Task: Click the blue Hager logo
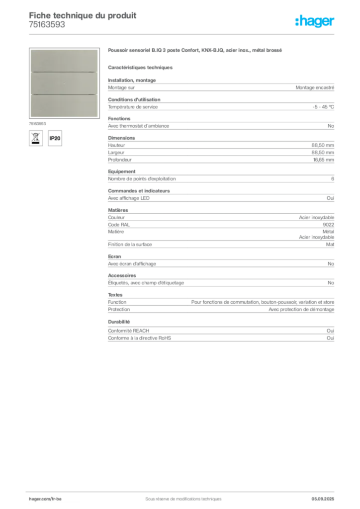315,22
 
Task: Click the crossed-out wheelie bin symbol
35,138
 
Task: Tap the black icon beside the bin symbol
56,138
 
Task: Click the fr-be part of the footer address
56,498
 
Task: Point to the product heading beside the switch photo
196,51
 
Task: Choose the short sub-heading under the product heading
141,67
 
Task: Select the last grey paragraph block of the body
220,332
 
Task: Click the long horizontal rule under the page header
199,34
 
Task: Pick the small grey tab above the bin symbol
38,123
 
